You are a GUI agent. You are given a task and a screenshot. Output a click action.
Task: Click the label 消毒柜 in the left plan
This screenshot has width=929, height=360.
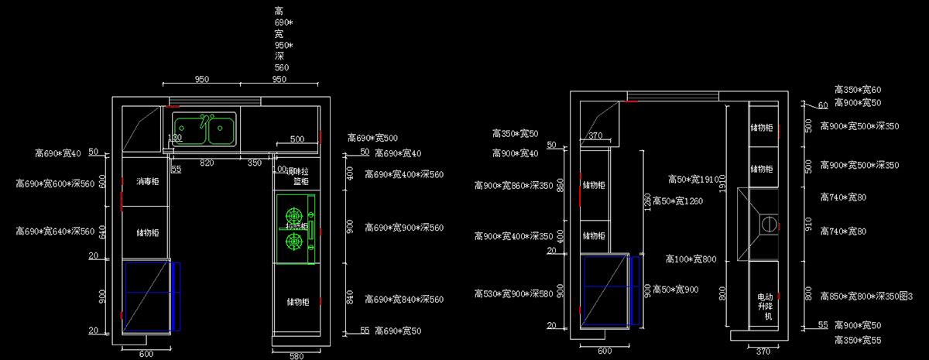(x=147, y=183)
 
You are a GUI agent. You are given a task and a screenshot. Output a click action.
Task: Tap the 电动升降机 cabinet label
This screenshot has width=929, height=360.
(x=764, y=307)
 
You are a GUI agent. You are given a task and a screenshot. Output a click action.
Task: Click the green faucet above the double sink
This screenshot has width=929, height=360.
(x=205, y=121)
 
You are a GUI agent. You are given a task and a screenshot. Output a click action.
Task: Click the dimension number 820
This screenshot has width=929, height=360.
(x=207, y=163)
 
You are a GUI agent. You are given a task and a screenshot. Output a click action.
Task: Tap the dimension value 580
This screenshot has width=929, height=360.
(x=296, y=355)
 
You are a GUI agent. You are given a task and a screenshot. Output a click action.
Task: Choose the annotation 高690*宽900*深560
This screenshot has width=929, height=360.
(x=404, y=228)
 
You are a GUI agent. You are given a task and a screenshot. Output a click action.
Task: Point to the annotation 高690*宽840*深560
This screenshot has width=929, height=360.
(x=404, y=300)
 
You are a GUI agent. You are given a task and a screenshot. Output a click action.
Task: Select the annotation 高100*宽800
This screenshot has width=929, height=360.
(x=691, y=259)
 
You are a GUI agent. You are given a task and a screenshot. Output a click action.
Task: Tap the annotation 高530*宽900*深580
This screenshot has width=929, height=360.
(x=513, y=294)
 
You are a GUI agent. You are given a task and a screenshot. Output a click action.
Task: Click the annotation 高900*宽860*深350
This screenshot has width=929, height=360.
(x=513, y=186)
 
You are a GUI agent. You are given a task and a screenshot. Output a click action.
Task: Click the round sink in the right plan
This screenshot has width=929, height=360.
(x=769, y=225)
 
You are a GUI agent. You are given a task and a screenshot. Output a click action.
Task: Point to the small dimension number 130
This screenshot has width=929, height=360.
(x=175, y=138)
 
